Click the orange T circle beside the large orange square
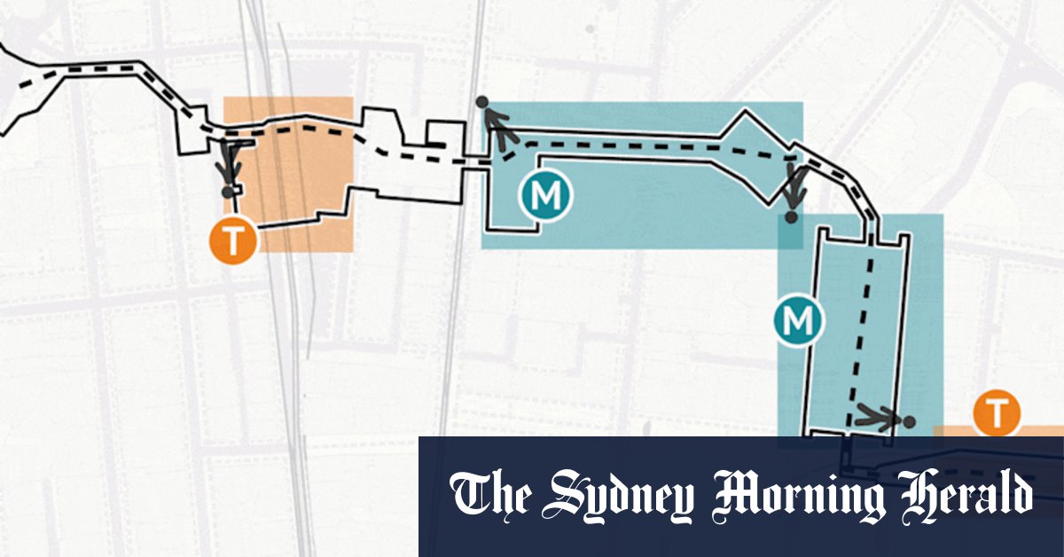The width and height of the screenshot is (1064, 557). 231,239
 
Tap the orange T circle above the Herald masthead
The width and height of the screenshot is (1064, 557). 997,412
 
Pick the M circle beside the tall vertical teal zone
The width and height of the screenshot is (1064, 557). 798,321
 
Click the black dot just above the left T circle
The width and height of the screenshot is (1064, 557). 228,191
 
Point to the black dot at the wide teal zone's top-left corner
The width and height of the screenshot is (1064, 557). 481,103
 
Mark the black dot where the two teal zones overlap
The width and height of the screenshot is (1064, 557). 790,216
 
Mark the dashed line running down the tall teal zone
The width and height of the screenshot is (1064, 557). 859,337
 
